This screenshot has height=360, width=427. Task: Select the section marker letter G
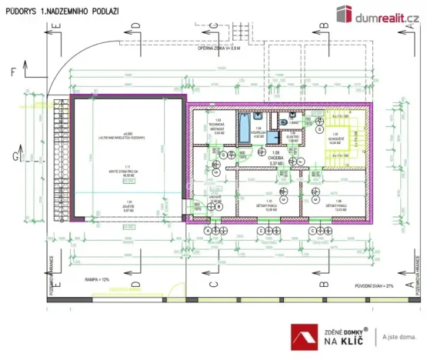tap(12, 158)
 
